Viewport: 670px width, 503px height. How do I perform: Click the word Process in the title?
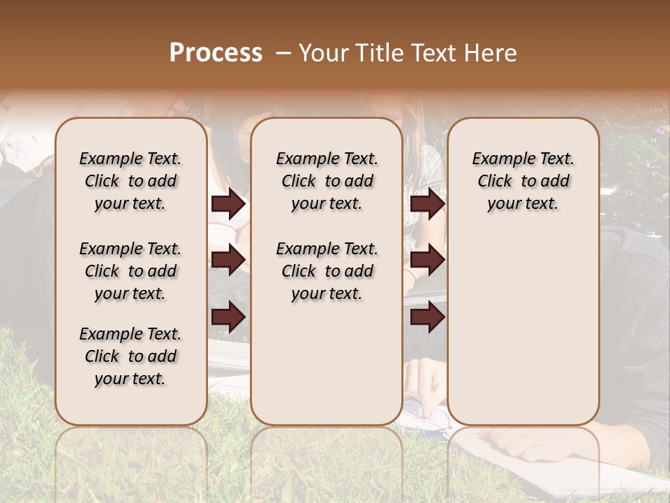point(216,52)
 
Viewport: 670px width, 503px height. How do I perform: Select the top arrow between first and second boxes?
point(228,204)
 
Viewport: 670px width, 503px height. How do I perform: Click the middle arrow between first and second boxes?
point(228,260)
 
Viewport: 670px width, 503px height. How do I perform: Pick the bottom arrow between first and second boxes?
point(228,317)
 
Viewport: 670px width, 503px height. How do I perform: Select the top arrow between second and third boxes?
point(427,204)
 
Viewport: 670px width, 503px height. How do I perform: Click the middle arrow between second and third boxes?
point(427,260)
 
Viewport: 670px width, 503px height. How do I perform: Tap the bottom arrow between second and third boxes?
point(427,317)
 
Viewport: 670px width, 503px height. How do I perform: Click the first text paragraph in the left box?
point(131,181)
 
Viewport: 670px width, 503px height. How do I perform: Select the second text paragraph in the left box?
point(131,271)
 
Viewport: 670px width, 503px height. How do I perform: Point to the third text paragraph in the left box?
point(131,356)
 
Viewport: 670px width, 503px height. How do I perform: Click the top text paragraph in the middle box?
point(327,181)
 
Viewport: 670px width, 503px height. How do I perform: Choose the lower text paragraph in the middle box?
point(327,271)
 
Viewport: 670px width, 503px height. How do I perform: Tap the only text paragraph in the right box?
point(523,181)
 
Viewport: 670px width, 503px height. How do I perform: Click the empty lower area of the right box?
point(523,328)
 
